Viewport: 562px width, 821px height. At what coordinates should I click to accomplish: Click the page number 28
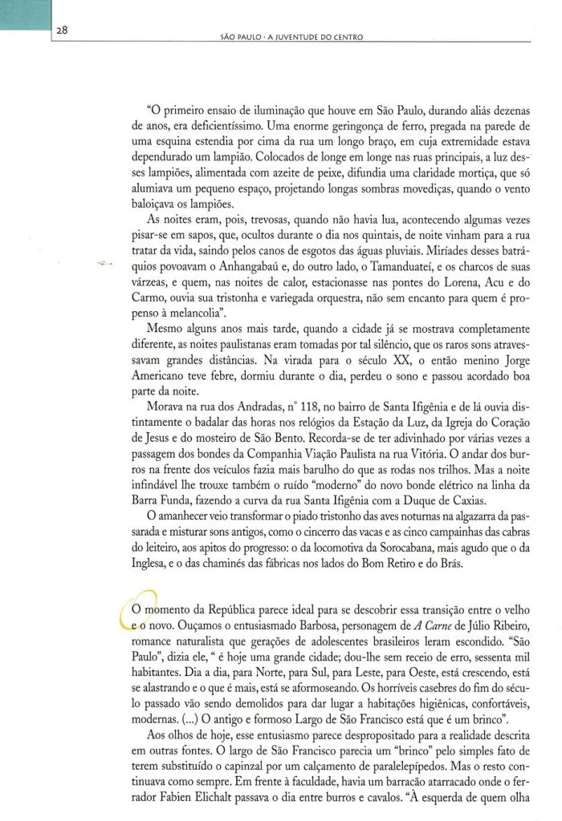[x=61, y=30]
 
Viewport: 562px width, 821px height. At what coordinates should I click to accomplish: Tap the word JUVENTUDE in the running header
[x=307, y=37]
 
